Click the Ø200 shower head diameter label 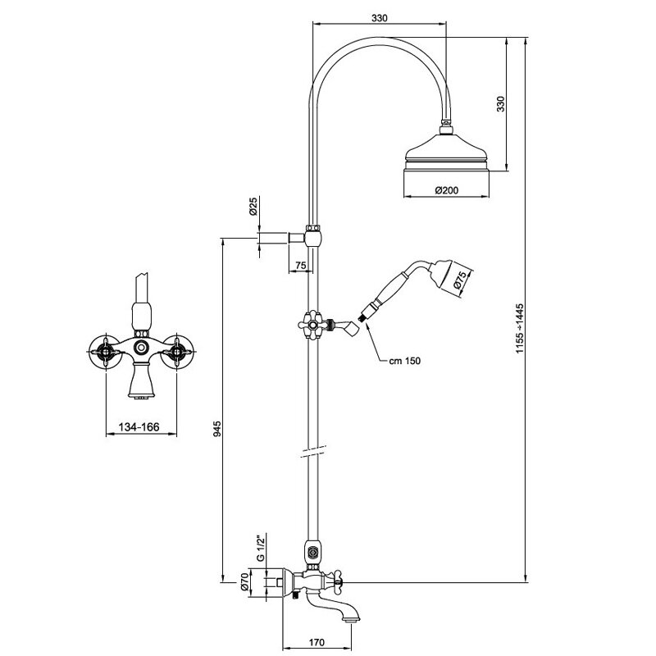pos(446,190)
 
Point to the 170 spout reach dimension pos(320,642)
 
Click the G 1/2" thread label pos(259,547)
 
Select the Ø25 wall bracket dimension pos(254,207)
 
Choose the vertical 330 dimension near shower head pos(501,104)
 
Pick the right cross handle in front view pos(175,353)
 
